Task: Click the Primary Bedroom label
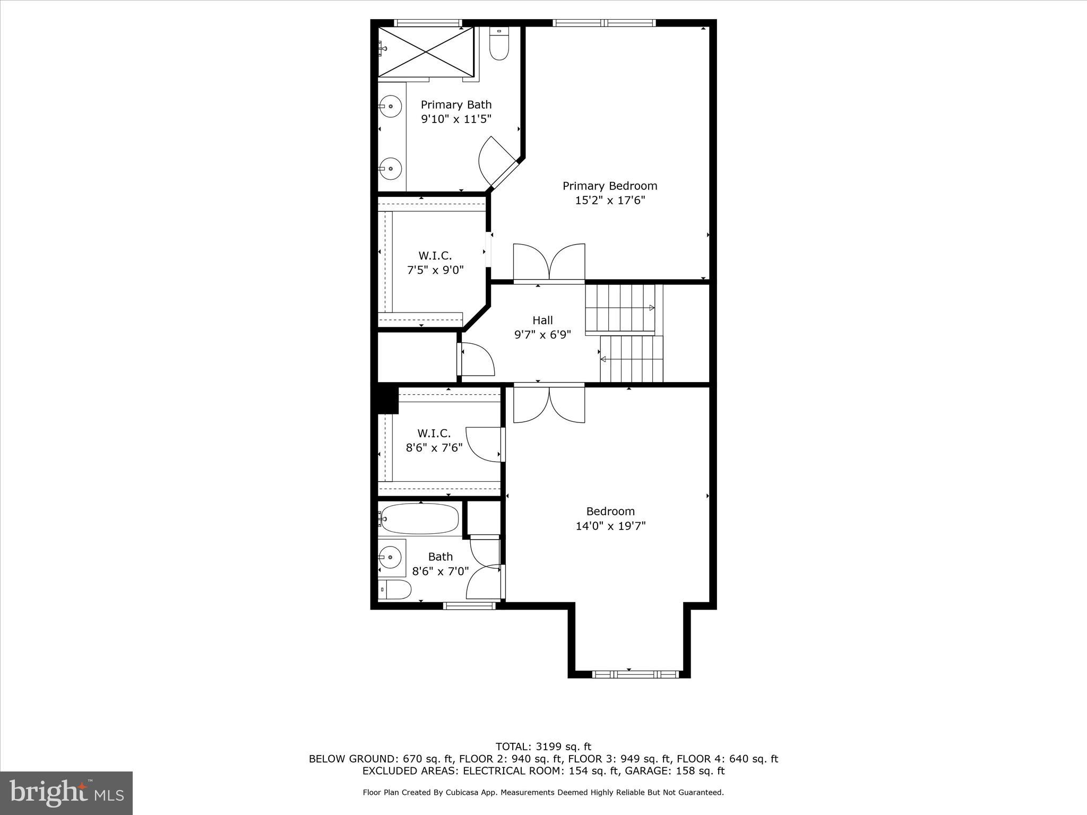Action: [x=610, y=186]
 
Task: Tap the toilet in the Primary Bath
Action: [x=498, y=45]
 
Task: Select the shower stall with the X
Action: [x=425, y=51]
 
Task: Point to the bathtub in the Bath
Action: [x=419, y=518]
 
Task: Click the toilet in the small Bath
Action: [x=396, y=589]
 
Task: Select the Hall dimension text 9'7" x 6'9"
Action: [x=542, y=335]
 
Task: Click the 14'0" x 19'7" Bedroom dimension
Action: [x=610, y=526]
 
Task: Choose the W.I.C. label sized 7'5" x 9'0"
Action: [x=435, y=256]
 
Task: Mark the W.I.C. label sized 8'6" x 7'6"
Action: [x=434, y=433]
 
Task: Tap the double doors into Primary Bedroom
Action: [x=549, y=263]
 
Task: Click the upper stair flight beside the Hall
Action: [x=620, y=308]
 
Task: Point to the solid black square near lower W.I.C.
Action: [x=387, y=400]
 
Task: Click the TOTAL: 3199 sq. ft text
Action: [x=543, y=747]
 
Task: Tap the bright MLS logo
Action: [x=66, y=793]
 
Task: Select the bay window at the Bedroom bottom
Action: [x=635, y=674]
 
